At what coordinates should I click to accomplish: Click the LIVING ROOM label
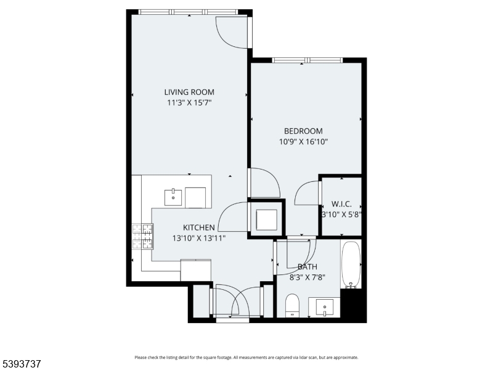point(189,92)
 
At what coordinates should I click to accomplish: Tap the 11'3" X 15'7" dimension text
point(189,103)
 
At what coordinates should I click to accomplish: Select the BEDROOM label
point(303,131)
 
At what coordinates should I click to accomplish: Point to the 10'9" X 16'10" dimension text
point(303,141)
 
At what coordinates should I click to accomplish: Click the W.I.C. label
point(341,204)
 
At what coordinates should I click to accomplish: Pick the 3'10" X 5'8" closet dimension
point(341,215)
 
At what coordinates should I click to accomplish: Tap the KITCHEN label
point(198,228)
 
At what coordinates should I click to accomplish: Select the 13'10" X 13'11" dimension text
point(198,238)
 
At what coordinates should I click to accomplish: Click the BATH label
point(307,267)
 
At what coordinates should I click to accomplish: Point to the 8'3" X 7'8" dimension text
point(307,277)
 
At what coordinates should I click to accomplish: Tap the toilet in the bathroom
point(292,305)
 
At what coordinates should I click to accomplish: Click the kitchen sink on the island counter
point(173,197)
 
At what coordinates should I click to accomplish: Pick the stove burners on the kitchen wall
point(142,236)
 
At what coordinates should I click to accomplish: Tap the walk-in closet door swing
point(306,194)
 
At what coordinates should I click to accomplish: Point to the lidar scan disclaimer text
point(246,357)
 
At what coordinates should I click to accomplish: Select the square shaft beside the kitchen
point(266,220)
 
